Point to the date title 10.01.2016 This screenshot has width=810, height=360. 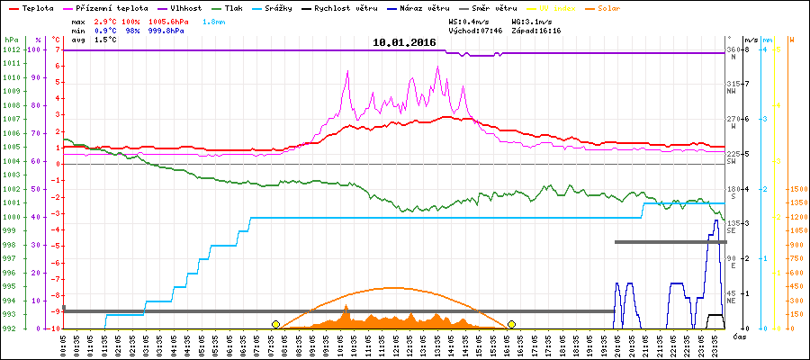pyautogui.click(x=404, y=42)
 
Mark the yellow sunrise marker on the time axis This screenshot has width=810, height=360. pyautogui.click(x=275, y=324)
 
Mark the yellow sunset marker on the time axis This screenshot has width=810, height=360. pyautogui.click(x=511, y=324)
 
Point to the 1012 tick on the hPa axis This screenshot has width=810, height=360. pyautogui.click(x=11, y=49)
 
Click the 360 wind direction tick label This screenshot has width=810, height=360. pyautogui.click(x=733, y=49)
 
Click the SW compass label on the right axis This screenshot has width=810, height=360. pyautogui.click(x=732, y=161)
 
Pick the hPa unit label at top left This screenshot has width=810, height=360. pyautogui.click(x=10, y=40)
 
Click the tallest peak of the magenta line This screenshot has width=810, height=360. pyautogui.click(x=437, y=67)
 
